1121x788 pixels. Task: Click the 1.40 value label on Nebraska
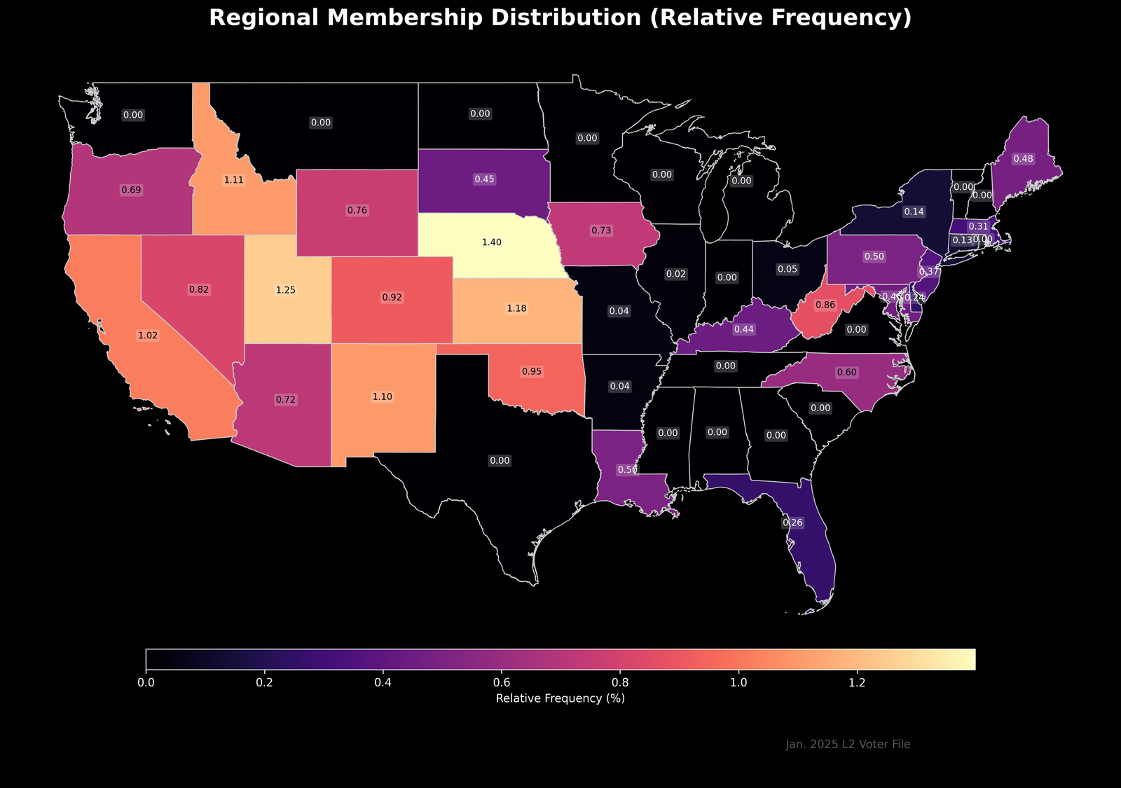(x=491, y=242)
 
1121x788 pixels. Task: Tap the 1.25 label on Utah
(x=285, y=290)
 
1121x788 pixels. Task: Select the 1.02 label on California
(x=148, y=336)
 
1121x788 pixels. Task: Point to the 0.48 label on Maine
(x=1023, y=159)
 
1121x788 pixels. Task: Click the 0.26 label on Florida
(x=792, y=523)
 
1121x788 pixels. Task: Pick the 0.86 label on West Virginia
(x=825, y=305)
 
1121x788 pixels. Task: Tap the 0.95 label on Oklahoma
(x=532, y=371)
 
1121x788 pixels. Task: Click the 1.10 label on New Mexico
(x=382, y=396)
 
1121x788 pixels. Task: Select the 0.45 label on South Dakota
(x=484, y=179)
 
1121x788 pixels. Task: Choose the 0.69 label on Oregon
(x=131, y=190)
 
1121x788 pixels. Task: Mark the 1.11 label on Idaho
(x=234, y=180)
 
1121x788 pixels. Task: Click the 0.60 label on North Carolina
(x=846, y=373)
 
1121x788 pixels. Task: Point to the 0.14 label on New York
(x=914, y=212)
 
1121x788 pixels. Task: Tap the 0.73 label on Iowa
(x=601, y=230)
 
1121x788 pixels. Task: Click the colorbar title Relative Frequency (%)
(x=560, y=699)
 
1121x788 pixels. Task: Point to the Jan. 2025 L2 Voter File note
(x=848, y=745)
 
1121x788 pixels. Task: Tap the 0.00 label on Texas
(x=500, y=461)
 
